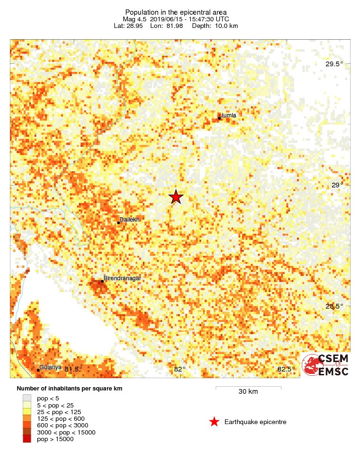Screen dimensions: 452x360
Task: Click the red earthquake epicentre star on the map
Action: coord(176,197)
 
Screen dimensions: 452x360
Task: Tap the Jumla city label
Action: coord(228,115)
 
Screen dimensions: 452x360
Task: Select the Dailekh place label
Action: coord(129,219)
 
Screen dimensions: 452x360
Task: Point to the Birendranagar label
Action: coord(122,278)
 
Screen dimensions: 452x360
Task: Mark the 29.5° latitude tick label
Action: coord(334,64)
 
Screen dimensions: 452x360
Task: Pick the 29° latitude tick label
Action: coord(337,185)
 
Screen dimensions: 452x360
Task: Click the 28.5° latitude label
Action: coord(334,306)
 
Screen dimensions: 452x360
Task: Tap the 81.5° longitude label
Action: coord(73,369)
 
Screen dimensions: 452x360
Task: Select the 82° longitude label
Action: coord(180,369)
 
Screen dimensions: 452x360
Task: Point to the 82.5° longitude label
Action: coord(286,369)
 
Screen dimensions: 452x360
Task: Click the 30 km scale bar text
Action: coord(248,392)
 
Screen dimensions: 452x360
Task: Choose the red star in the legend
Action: coord(214,422)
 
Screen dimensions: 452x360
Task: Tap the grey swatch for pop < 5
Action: coord(27,399)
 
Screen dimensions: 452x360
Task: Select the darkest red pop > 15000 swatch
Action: coord(27,439)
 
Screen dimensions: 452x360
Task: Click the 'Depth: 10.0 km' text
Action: coord(215,26)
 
